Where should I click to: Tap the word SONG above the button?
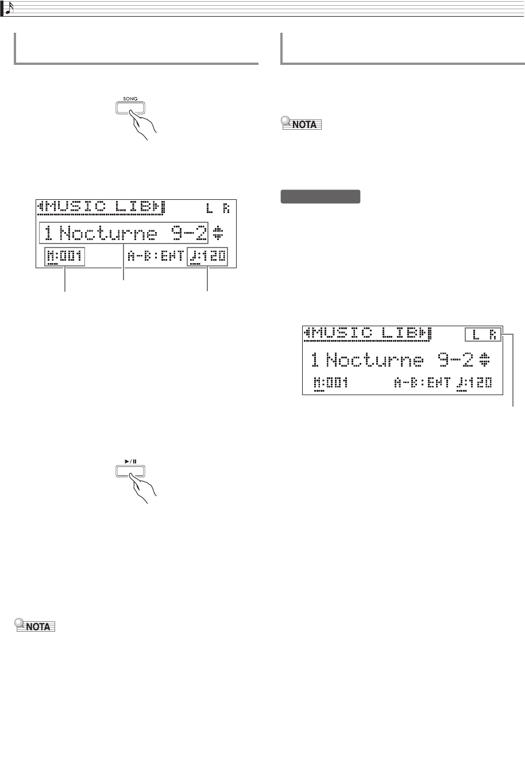129,98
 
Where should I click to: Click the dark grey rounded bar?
320,197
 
